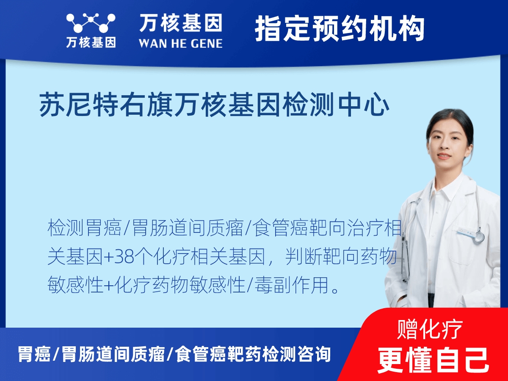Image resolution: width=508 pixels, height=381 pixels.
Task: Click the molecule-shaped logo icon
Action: pyautogui.click(x=91, y=23)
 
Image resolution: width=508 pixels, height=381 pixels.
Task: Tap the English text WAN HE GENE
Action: pyautogui.click(x=181, y=44)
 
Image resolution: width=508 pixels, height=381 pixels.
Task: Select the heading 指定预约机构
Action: pyautogui.click(x=340, y=28)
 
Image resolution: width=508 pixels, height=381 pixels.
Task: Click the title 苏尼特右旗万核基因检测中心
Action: pyautogui.click(x=214, y=105)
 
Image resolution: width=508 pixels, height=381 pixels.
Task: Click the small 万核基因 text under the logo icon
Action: pyautogui.click(x=91, y=43)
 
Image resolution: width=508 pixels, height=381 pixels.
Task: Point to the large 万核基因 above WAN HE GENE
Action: pyautogui.click(x=181, y=23)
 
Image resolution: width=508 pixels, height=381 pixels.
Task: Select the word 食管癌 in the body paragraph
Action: pyautogui.click(x=279, y=228)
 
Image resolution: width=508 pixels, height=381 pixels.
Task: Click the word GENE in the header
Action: pyautogui.click(x=207, y=44)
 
